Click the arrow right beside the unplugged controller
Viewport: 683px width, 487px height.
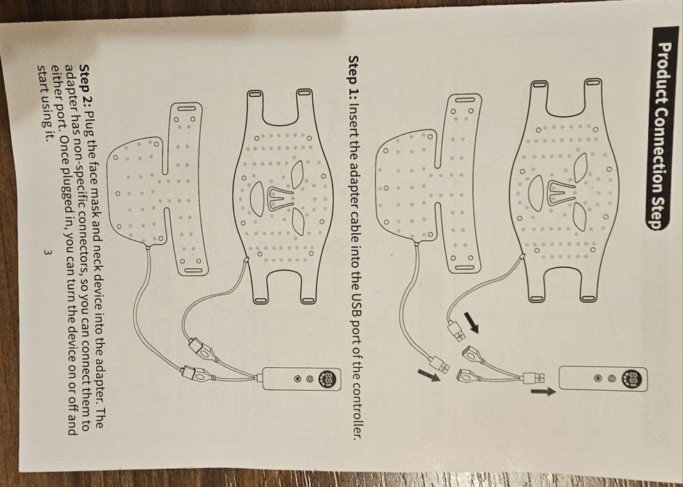(543, 392)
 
